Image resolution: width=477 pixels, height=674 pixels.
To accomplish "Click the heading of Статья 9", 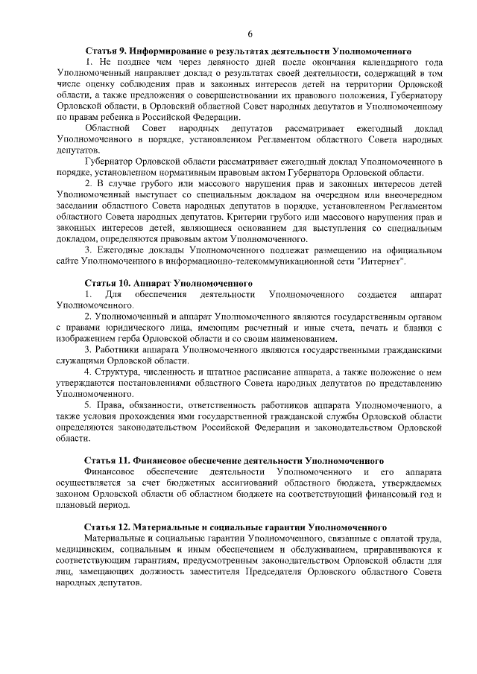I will [248, 49].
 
